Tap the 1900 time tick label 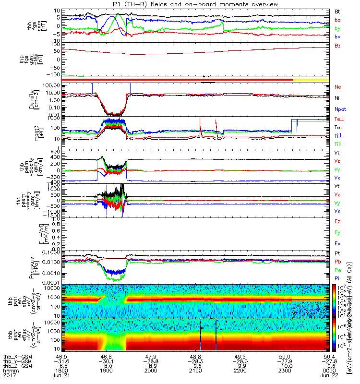107,372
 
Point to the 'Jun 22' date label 329,377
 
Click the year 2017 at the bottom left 9,377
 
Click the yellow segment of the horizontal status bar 311,79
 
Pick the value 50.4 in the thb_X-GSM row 329,356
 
